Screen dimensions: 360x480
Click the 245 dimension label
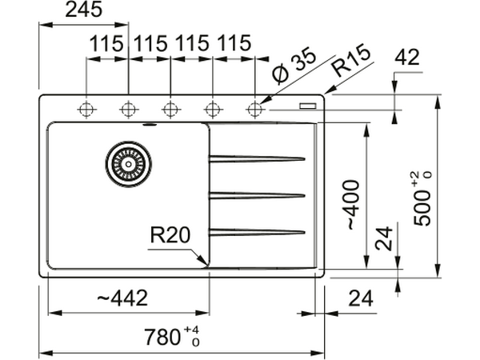click(84, 11)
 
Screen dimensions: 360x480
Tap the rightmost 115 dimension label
click(233, 44)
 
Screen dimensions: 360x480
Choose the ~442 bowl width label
click(122, 298)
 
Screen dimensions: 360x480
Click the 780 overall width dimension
click(170, 337)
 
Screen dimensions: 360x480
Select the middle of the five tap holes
click(170, 109)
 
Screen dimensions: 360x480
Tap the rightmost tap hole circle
click(255, 109)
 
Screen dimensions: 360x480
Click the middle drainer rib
click(257, 195)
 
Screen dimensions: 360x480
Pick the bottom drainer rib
click(257, 233)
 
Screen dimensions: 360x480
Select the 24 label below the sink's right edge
click(362, 298)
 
